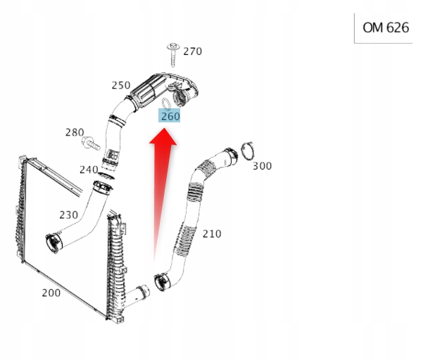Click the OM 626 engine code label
click(385, 28)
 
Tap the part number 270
click(192, 51)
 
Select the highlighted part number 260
click(170, 116)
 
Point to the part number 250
click(121, 86)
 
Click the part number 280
click(75, 132)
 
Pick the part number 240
click(89, 169)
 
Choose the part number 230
click(68, 215)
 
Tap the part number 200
click(51, 292)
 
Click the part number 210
click(211, 233)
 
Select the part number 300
click(262, 166)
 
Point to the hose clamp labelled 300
click(247, 150)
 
